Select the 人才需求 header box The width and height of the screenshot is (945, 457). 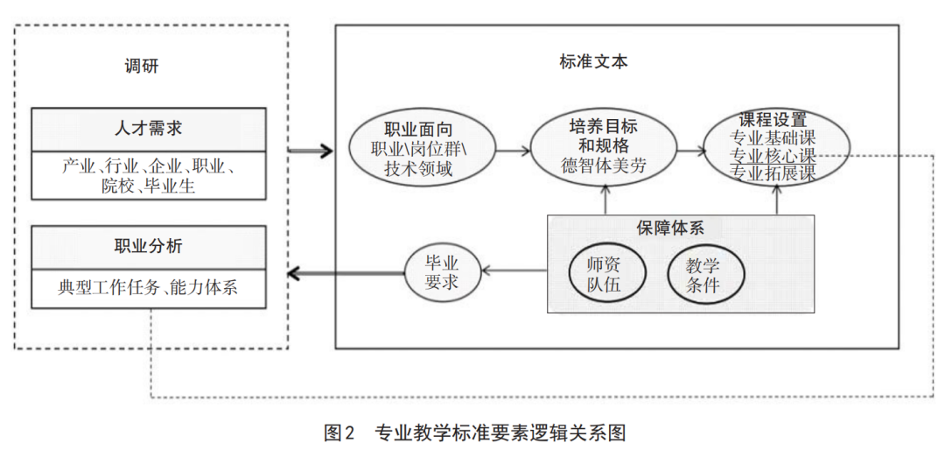point(148,129)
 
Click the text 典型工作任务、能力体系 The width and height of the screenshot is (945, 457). point(148,287)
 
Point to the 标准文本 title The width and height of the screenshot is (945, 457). point(593,62)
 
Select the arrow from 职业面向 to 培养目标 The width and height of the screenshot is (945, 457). point(513,150)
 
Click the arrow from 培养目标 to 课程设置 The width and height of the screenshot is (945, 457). point(691,150)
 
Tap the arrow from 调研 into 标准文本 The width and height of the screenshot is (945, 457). point(311,151)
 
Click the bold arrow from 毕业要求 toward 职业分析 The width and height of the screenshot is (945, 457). point(346,273)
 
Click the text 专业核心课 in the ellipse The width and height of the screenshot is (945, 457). point(773,156)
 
